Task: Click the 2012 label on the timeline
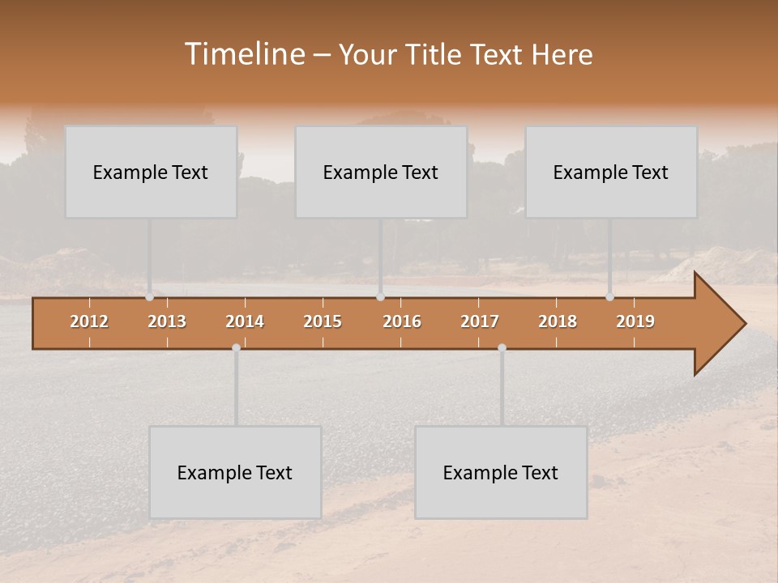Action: [x=89, y=321]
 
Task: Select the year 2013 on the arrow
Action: [x=167, y=321]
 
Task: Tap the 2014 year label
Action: [x=245, y=321]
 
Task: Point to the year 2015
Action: [x=323, y=321]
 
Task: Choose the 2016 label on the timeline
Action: [x=402, y=321]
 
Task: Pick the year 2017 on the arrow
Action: [x=480, y=321]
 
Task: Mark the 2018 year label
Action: [x=558, y=321]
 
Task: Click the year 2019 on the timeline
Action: [x=635, y=321]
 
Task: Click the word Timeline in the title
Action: [x=243, y=54]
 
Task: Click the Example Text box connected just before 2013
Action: [x=151, y=172]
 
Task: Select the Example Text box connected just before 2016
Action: [x=381, y=172]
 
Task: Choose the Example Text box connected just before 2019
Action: [x=611, y=172]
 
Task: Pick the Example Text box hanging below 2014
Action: [x=235, y=472]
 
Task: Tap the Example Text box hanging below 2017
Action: [x=501, y=472]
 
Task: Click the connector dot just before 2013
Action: [x=149, y=297]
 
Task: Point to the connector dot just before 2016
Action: [x=381, y=297]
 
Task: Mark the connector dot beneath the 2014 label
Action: [x=236, y=347]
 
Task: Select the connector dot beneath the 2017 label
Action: [x=502, y=347]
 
